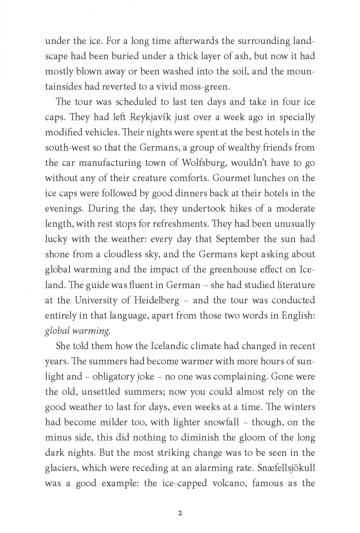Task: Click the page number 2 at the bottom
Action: (180, 499)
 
